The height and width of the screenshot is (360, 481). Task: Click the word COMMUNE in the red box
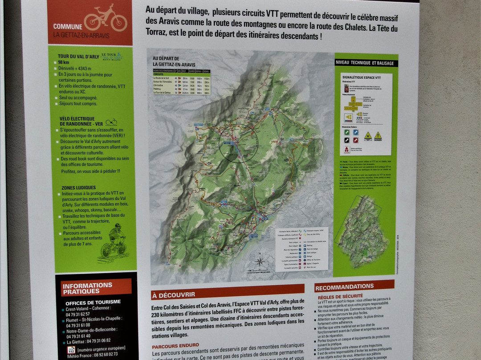point(68,26)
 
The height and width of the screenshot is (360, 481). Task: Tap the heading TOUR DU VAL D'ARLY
point(78,57)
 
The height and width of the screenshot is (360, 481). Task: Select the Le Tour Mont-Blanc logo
point(111,56)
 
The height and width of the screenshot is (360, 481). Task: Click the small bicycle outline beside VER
point(111,122)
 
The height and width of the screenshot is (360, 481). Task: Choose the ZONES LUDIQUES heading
point(79,188)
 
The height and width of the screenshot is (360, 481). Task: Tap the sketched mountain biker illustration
point(114,241)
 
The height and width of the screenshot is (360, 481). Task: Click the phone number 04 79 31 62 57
point(78,314)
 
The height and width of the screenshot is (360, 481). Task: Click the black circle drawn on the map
point(238,143)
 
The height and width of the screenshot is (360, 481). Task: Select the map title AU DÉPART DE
point(166,58)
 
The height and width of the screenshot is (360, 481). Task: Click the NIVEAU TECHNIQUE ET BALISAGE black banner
point(365,63)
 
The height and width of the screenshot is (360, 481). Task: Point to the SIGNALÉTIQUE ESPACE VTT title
point(360,78)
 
